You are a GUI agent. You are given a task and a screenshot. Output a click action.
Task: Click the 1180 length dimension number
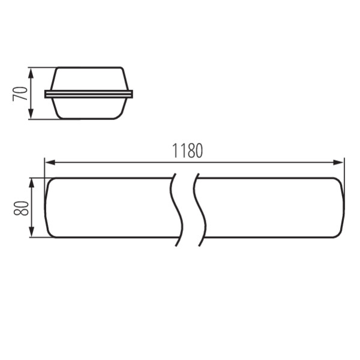187,151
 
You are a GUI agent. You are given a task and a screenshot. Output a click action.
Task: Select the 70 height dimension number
20,94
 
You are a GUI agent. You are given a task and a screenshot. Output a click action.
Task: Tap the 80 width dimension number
21,208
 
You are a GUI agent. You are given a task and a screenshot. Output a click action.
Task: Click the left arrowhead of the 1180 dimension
50,163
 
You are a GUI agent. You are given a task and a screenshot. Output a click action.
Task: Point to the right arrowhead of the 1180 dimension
338,163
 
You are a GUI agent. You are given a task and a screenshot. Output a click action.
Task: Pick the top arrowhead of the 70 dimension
31,73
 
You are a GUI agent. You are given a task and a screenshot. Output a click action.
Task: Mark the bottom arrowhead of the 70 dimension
31,114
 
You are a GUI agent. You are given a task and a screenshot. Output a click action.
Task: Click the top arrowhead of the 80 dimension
32,184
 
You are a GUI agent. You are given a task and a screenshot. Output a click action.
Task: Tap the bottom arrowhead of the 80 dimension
32,232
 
